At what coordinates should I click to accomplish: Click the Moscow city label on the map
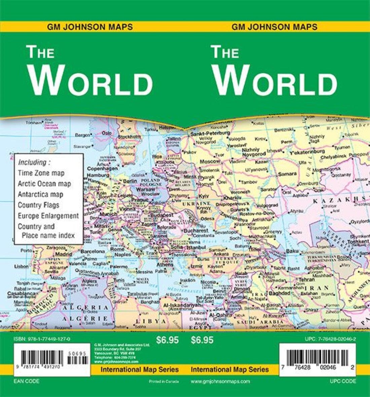click(210, 161)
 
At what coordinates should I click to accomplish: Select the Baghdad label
click(280, 293)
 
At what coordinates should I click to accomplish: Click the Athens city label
click(165, 265)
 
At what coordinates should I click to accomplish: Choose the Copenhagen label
click(103, 169)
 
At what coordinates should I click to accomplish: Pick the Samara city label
click(287, 174)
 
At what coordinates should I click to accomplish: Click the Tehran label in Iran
click(306, 279)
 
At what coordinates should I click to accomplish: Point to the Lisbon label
click(22, 266)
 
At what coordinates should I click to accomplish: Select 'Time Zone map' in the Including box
click(41, 173)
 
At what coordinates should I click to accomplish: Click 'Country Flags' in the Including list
click(38, 205)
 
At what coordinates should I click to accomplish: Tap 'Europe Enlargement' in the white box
click(48, 216)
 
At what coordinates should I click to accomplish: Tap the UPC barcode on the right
click(318, 357)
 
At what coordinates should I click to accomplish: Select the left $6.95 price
click(167, 340)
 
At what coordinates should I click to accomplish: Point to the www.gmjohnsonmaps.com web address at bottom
click(220, 381)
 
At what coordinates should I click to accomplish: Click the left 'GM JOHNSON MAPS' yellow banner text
click(90, 27)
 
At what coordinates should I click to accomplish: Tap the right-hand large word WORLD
click(275, 81)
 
